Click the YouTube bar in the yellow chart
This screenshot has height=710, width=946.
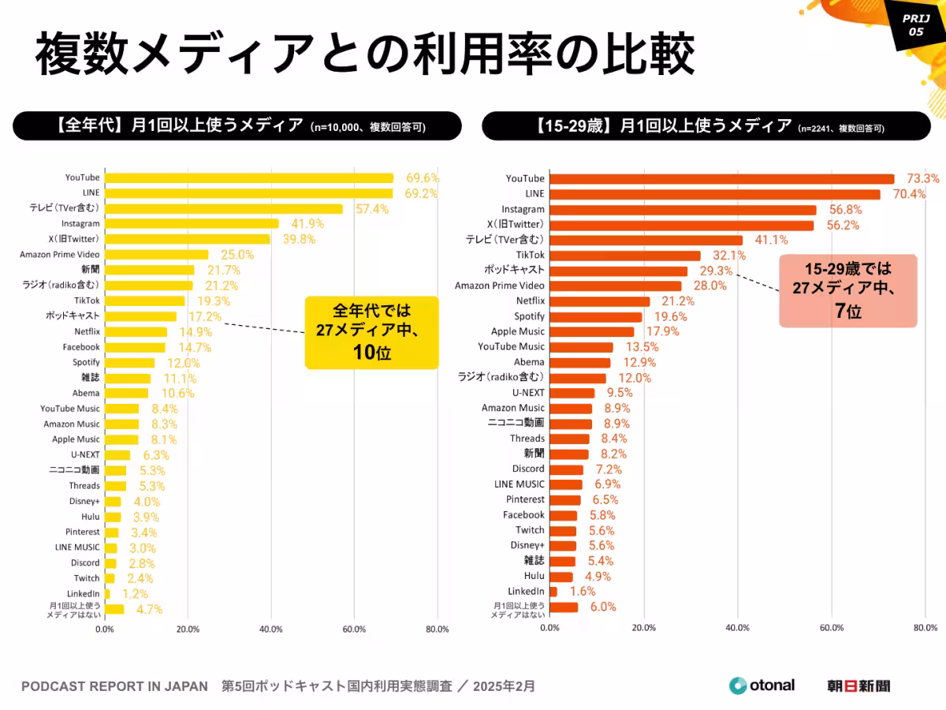coord(248,177)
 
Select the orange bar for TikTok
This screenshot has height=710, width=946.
coord(625,255)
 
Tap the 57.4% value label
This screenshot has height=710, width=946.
coord(373,208)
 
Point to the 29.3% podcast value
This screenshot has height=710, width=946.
coord(716,271)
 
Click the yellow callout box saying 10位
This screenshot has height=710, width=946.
coord(371,331)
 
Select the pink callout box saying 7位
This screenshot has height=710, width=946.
coord(847,290)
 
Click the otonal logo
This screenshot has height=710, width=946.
coord(762,686)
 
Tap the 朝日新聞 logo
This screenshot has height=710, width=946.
coord(858,686)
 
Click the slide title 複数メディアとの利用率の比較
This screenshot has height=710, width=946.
coord(364,54)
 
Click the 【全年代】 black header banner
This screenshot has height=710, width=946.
coord(237,125)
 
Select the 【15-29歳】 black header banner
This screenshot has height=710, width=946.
coord(695,125)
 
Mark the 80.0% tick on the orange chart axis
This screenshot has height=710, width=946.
coord(926,628)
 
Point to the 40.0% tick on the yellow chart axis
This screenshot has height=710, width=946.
coord(270,629)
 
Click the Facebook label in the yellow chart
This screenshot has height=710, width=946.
coord(81,347)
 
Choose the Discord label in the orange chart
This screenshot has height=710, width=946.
coord(528,469)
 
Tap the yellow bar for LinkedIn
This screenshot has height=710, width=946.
coord(107,593)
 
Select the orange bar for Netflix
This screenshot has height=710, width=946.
coord(599,301)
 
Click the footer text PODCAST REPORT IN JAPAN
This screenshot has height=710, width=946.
coord(114,686)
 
